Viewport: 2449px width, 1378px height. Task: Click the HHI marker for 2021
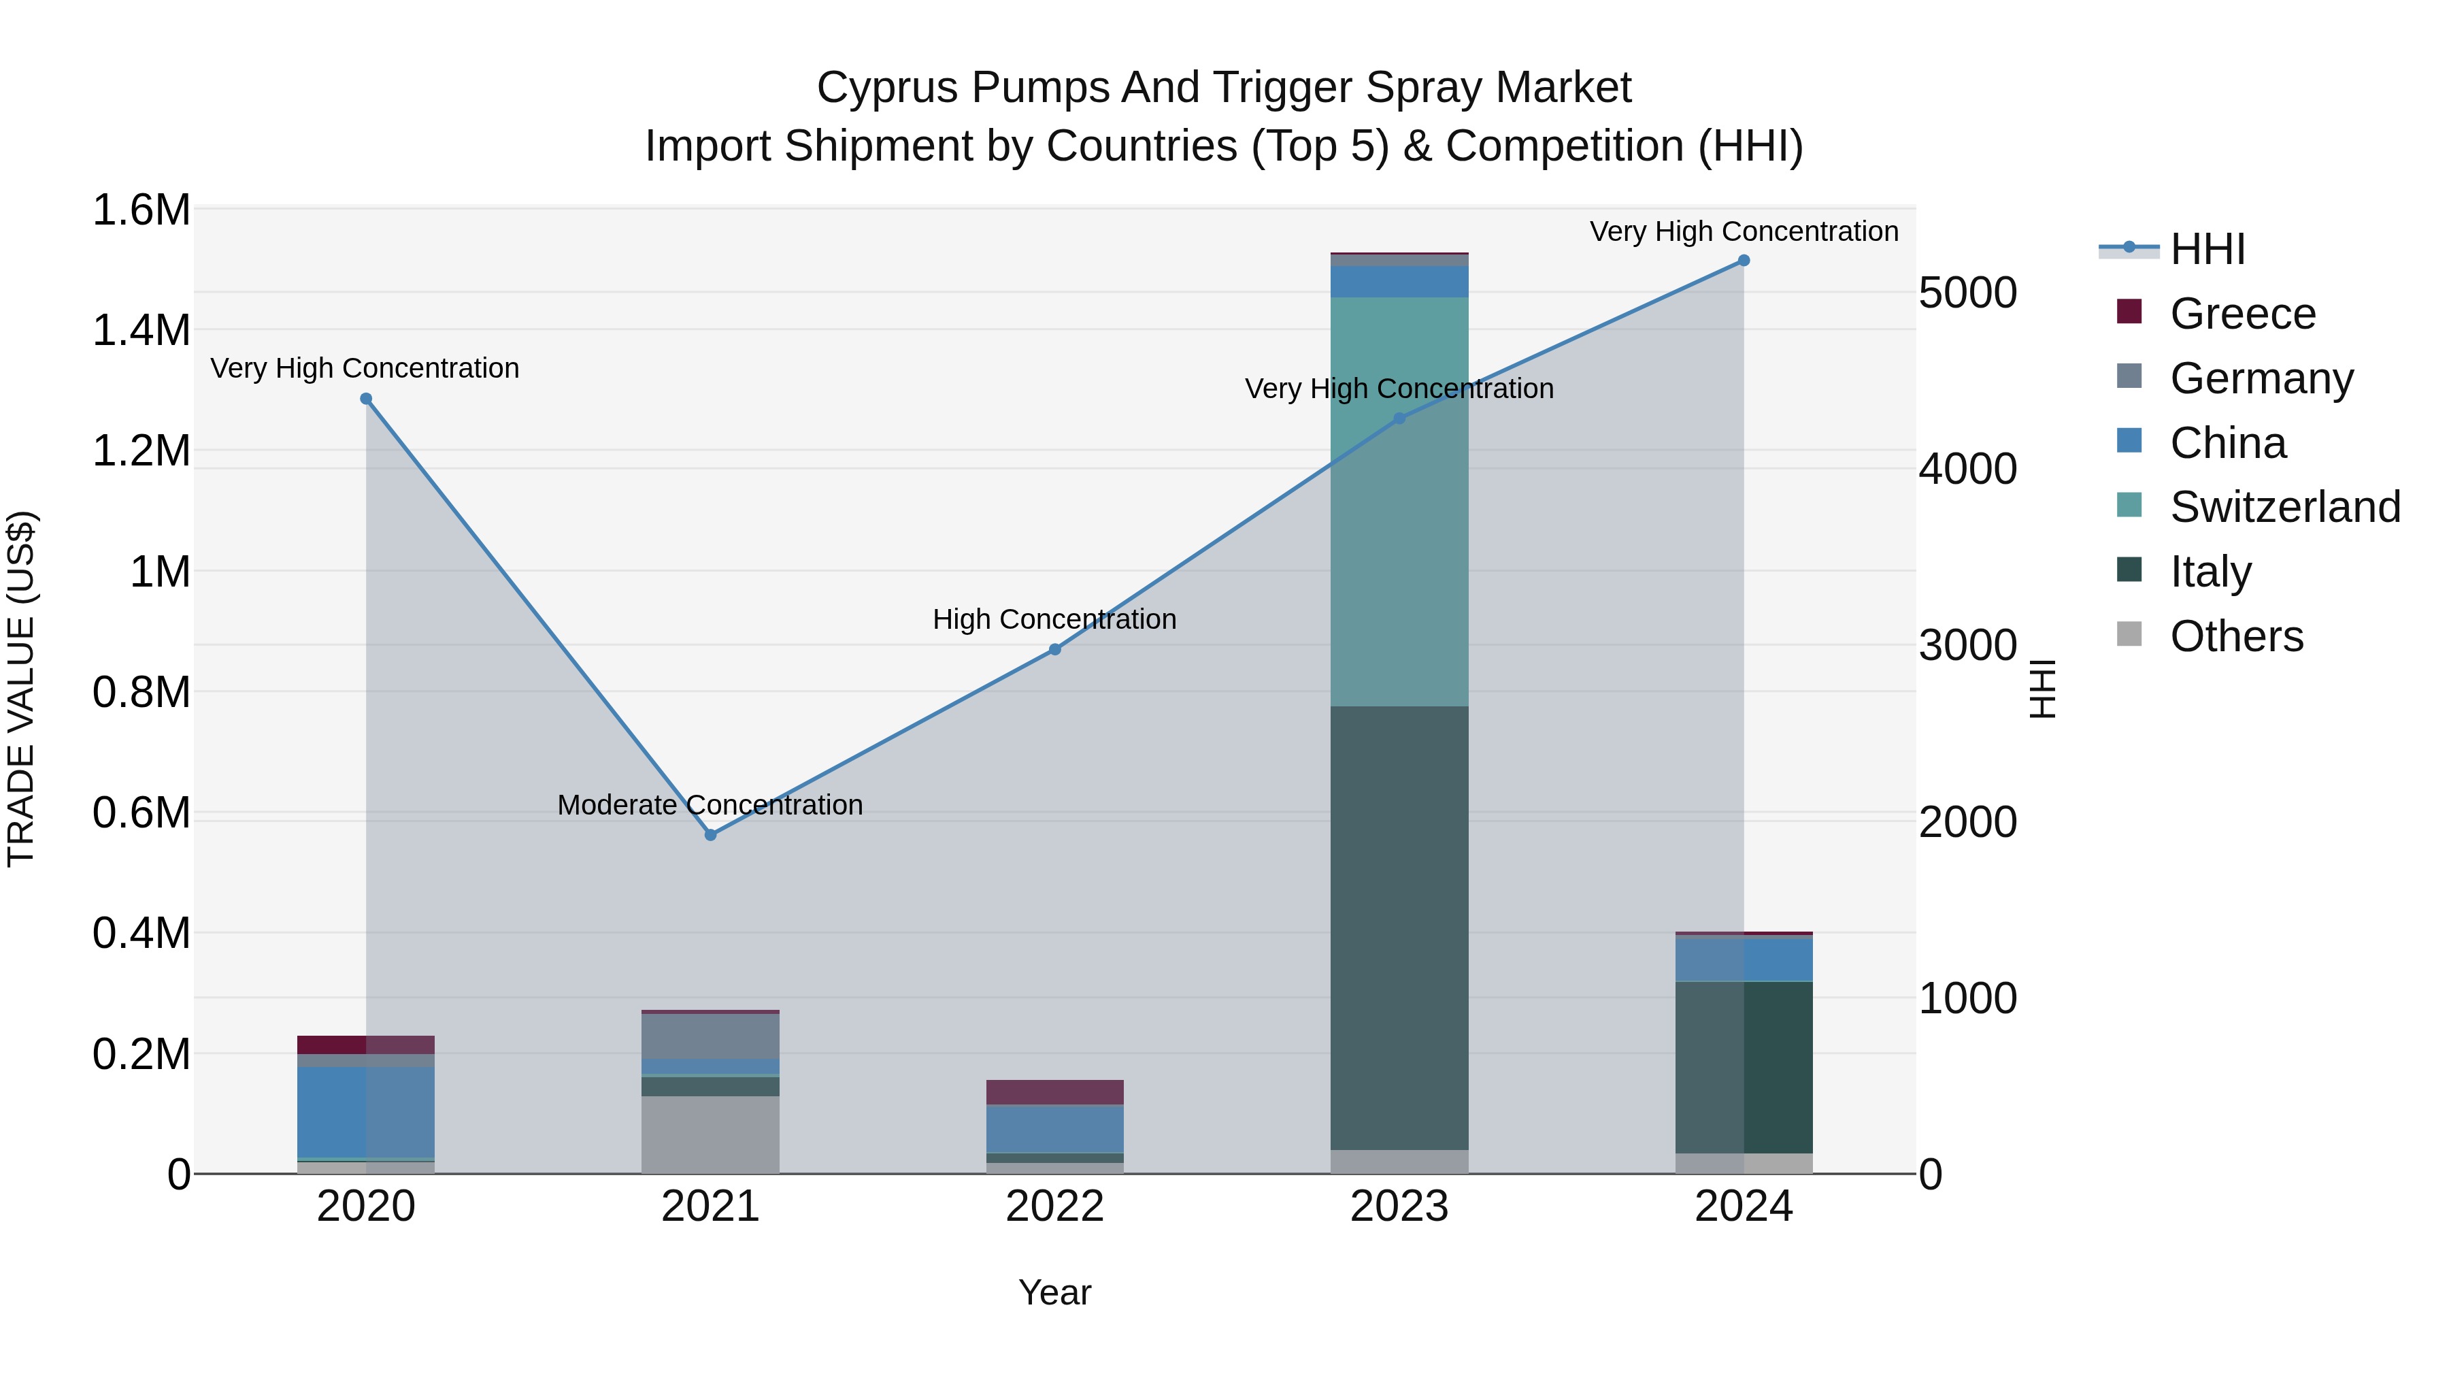coord(710,835)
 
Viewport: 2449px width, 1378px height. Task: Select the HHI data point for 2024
coord(1744,261)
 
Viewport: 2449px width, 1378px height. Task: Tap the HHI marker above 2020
coord(366,399)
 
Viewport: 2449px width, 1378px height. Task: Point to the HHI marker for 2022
coord(1054,650)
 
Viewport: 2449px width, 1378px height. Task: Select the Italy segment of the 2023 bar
coord(1399,928)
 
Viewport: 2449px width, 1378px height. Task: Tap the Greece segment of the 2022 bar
coord(1054,1092)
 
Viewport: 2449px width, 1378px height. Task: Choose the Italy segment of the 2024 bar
coord(1744,1067)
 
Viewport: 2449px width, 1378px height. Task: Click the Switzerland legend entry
coord(2284,507)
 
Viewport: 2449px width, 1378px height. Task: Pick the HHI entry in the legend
coord(2208,249)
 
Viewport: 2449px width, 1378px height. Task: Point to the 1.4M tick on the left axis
coord(141,331)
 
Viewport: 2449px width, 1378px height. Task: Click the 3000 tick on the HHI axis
coord(1967,646)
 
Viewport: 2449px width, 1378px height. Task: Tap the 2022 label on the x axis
coord(1054,1207)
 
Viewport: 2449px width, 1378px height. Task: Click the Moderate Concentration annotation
coord(710,806)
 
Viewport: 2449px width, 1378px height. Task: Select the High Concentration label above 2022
coord(1054,620)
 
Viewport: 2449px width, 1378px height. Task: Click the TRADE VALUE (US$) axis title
coord(21,689)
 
